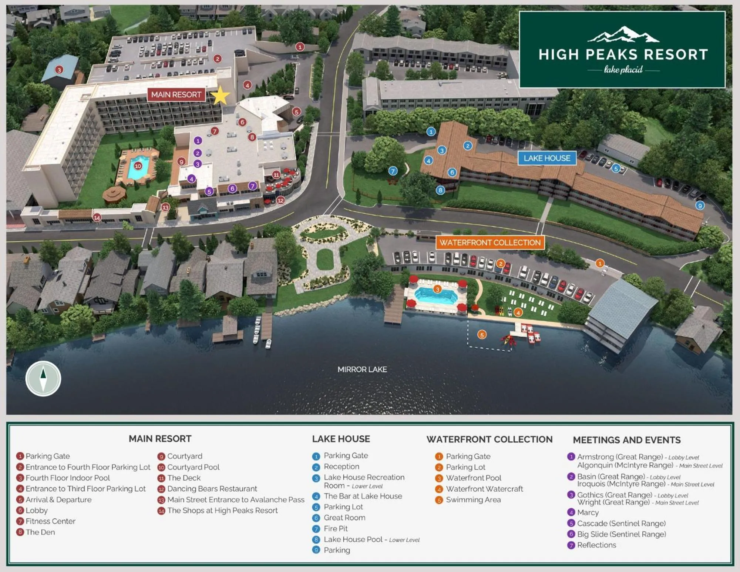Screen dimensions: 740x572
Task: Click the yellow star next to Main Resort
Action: (220, 96)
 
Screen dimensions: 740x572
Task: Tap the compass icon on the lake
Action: (43, 378)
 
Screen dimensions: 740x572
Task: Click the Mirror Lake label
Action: (362, 369)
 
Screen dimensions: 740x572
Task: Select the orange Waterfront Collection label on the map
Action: (490, 242)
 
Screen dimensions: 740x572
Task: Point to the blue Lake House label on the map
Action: (546, 158)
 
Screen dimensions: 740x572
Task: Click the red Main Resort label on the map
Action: (176, 94)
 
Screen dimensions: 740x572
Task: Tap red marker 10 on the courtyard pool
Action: (138, 166)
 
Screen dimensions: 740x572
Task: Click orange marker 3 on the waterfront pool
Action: (437, 289)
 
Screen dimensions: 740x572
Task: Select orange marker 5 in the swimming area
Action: (481, 335)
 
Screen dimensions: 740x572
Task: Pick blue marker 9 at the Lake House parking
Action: (699, 205)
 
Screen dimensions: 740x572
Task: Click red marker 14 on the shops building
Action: (97, 217)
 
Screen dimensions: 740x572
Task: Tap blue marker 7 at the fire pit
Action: (393, 171)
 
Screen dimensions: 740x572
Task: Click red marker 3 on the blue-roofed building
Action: (59, 70)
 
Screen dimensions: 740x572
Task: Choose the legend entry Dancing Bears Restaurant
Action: (212, 489)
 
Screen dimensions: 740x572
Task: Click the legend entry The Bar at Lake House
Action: (363, 496)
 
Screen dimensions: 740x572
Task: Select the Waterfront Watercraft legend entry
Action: (484, 489)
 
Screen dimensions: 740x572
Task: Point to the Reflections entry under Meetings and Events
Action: (596, 545)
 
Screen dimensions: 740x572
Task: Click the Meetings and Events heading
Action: (626, 440)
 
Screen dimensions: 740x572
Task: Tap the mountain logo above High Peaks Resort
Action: (623, 34)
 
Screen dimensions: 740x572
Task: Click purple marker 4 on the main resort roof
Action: (191, 179)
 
